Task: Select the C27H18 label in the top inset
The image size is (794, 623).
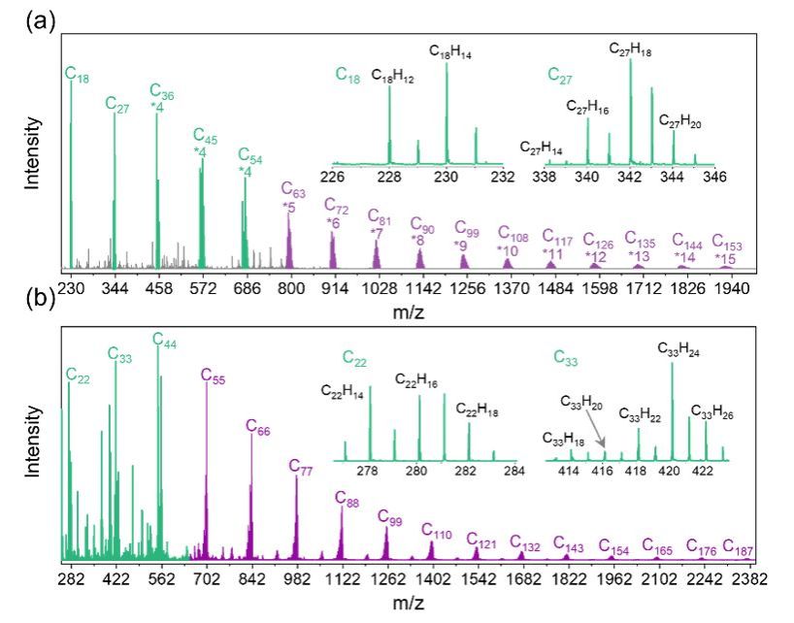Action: click(x=630, y=49)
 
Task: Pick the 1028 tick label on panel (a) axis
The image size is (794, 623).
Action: click(x=379, y=288)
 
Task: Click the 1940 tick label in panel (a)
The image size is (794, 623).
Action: click(x=732, y=288)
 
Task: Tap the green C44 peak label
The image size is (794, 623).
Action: click(x=165, y=342)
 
